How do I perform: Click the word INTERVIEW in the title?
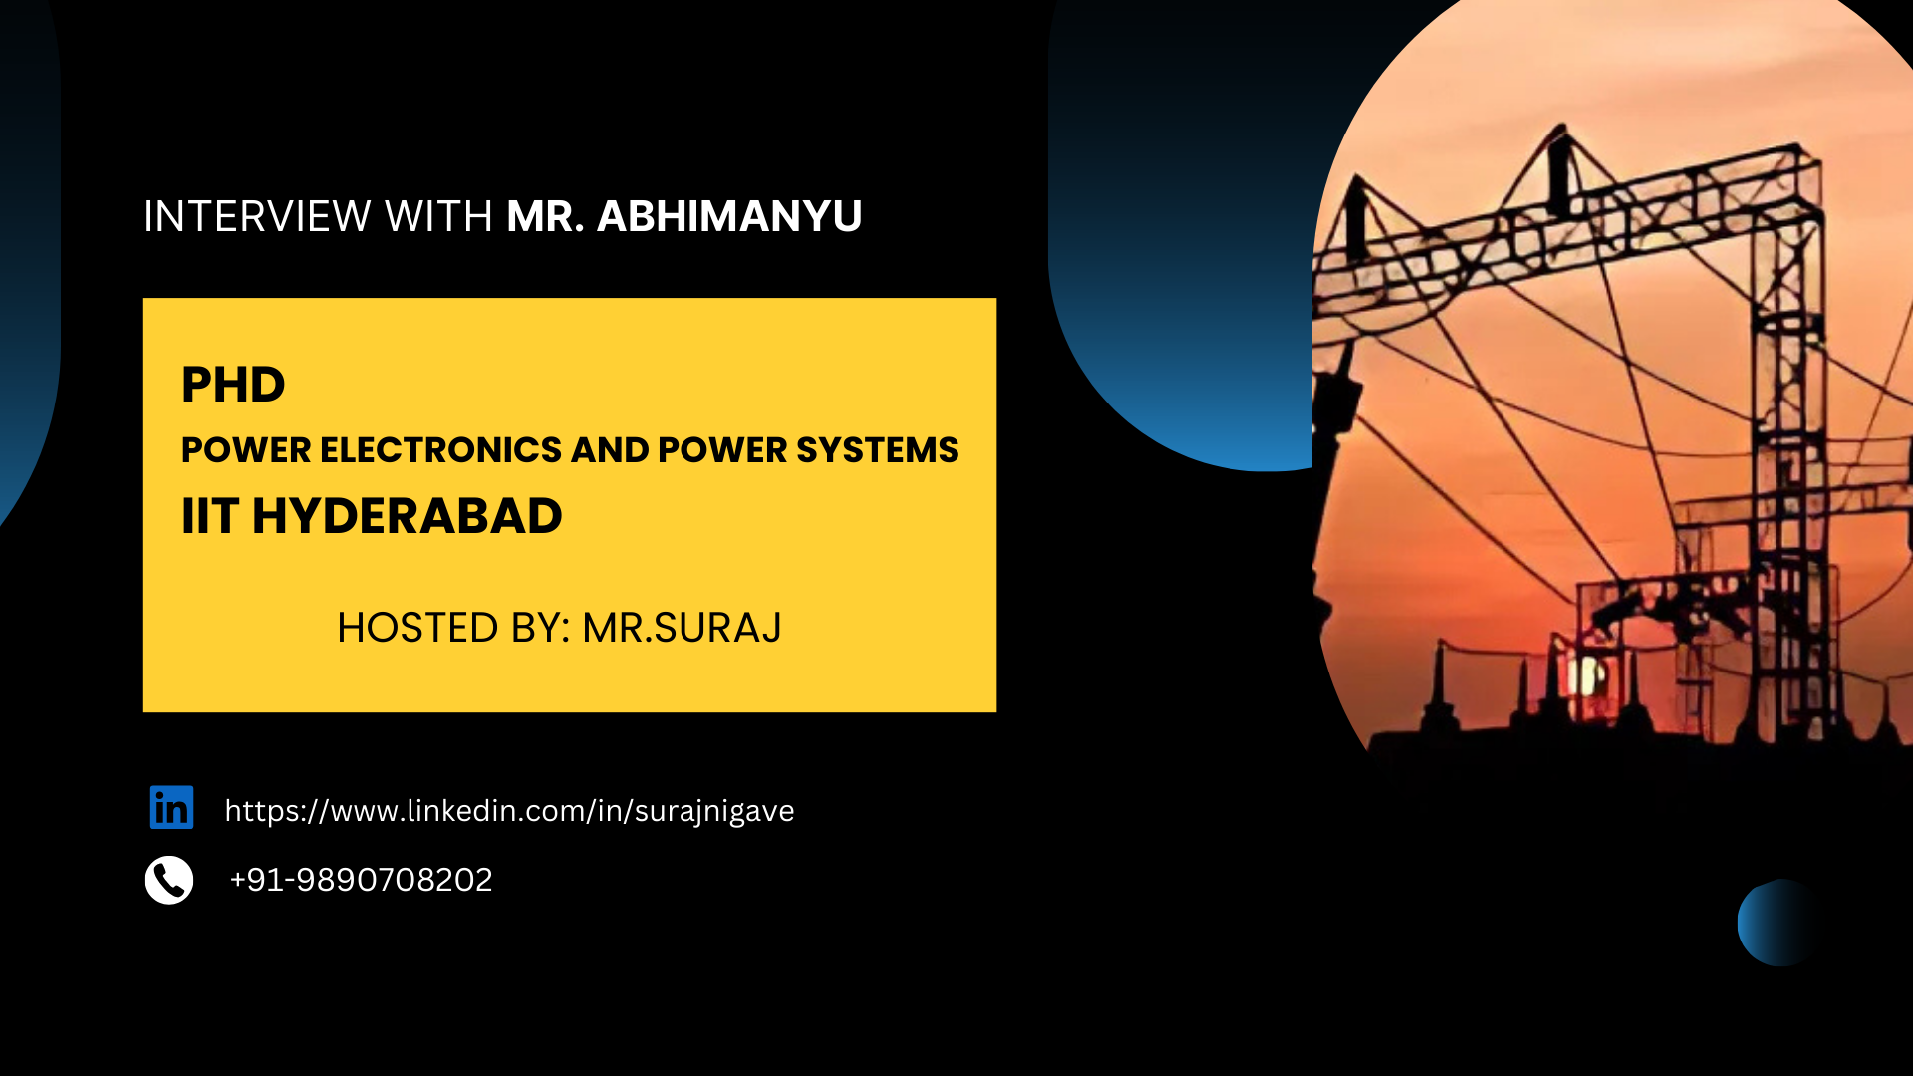tap(257, 216)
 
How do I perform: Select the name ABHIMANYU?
tap(729, 216)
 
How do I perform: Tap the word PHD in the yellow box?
tap(233, 385)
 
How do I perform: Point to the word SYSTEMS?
tap(878, 450)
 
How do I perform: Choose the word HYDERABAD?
tap(407, 516)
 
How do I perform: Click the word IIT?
tap(210, 516)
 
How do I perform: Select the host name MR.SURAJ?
tap(682, 628)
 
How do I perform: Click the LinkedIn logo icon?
tap(171, 807)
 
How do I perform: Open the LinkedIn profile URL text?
tap(509, 811)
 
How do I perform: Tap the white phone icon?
tap(169, 880)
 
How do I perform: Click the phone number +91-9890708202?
tap(361, 880)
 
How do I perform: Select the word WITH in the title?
tap(438, 216)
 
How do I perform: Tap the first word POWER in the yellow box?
tap(246, 450)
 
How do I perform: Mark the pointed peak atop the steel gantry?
tap(1560, 127)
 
